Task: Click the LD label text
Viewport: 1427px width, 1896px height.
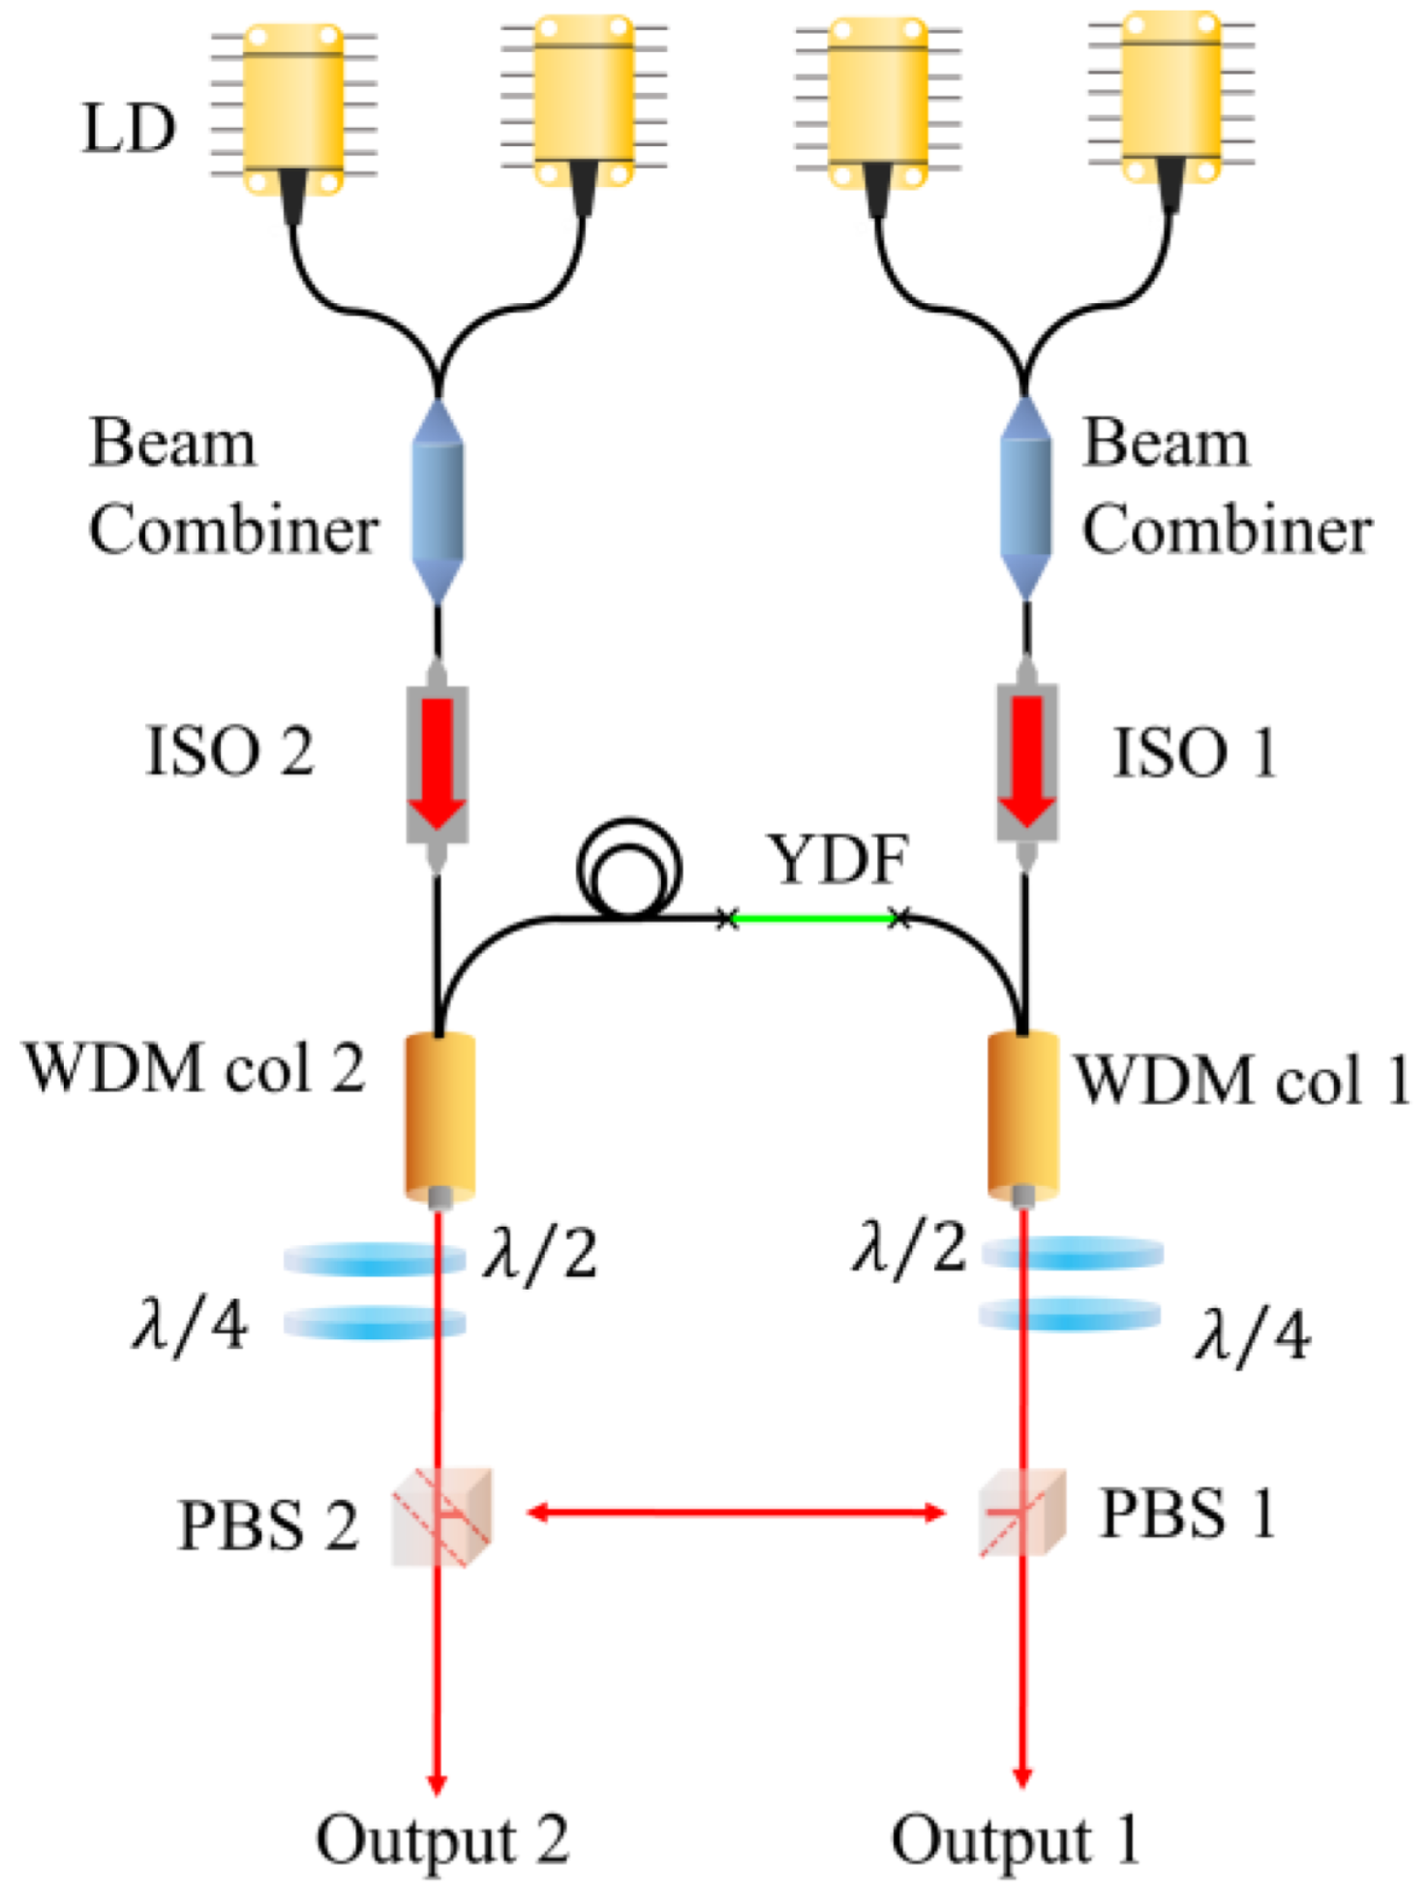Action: [129, 128]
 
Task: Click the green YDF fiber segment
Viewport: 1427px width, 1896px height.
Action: [813, 918]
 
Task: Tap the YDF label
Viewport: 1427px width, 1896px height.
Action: [838, 859]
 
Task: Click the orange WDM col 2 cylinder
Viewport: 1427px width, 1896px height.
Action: [440, 1115]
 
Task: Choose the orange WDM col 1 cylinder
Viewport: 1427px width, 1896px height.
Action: [1023, 1114]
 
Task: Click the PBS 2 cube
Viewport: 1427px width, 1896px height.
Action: [442, 1517]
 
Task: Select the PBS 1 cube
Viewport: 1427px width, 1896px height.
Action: [1022, 1513]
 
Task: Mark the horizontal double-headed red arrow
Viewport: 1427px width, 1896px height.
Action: [736, 1512]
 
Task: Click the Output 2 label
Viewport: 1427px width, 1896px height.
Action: [442, 1840]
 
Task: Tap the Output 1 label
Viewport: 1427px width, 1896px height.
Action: [1015, 1840]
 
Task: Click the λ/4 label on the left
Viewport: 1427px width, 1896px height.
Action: [190, 1325]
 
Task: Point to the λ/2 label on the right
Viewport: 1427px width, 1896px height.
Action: [909, 1247]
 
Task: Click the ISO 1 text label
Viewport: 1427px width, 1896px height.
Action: [1195, 752]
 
